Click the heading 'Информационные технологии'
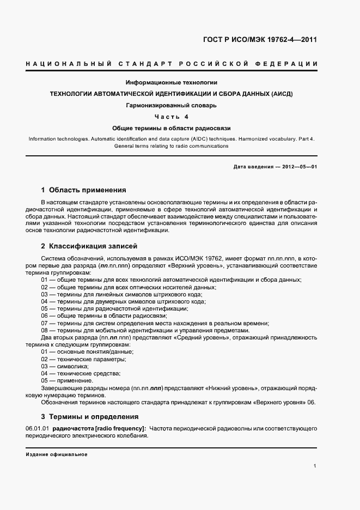(172, 83)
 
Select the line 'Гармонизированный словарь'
(172, 106)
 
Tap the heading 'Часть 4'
(172, 117)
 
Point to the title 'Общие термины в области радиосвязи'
(172, 129)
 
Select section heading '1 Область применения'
(83, 190)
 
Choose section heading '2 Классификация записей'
(89, 246)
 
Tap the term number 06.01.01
(36, 429)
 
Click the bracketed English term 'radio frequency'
(121, 429)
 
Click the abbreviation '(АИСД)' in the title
(280, 94)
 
